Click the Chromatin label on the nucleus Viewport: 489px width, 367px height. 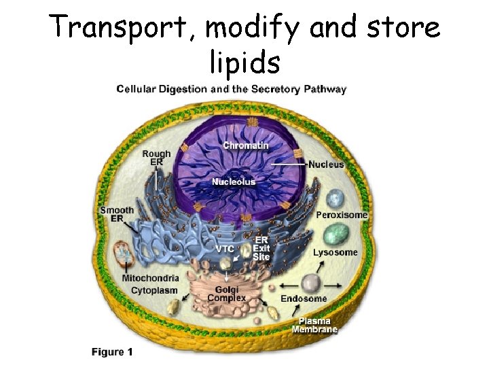[245, 145]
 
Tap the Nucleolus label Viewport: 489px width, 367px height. [233, 181]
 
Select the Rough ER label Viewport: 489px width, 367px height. [156, 158]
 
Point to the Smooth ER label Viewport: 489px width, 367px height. [117, 215]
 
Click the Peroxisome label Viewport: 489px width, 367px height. [342, 215]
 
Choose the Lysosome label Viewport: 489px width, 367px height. [335, 253]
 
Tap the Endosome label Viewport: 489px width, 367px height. [304, 298]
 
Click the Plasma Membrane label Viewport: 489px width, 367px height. [314, 326]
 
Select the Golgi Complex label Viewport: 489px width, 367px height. [226, 294]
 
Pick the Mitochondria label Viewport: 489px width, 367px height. [150, 278]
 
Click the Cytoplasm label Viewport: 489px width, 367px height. [154, 290]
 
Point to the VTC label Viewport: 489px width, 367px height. [225, 249]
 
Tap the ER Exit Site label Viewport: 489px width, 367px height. [261, 249]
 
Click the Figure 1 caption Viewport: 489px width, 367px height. [112, 352]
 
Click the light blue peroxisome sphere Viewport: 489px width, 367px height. [335, 199]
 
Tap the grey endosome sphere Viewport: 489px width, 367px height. [312, 282]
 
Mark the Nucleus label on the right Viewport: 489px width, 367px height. [326, 164]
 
